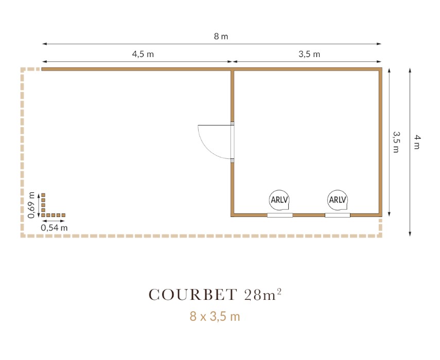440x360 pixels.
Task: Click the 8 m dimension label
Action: coord(221,37)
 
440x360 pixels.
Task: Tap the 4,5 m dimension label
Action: coord(143,54)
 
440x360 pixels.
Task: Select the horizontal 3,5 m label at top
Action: coord(309,54)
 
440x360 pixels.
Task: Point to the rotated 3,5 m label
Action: coord(396,142)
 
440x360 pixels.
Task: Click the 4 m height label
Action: coord(417,142)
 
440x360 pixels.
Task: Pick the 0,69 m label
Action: coord(31,205)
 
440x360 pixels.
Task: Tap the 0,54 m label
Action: coord(54,228)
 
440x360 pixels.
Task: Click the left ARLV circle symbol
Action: coord(279,200)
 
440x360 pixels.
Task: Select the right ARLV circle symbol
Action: coord(338,200)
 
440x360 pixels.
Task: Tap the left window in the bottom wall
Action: coord(280,215)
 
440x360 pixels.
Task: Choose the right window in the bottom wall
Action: coord(338,215)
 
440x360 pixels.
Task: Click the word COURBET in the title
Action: coord(193,295)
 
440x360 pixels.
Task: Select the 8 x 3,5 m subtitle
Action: coord(215,316)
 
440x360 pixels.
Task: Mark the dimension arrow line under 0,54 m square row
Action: coord(54,221)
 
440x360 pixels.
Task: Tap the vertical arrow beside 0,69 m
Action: coord(39,205)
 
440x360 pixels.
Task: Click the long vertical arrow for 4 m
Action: coord(410,152)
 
